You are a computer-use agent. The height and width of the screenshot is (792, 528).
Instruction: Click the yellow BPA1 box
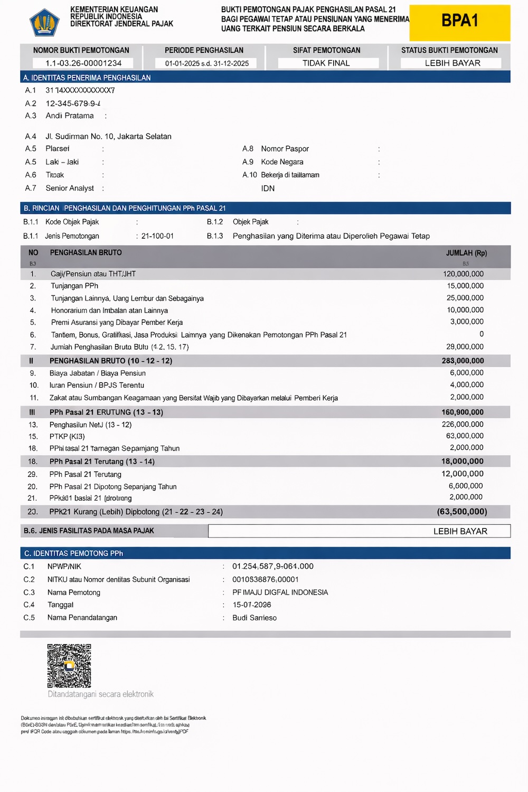coord(459,22)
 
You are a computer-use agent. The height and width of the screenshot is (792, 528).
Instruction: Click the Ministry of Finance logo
coord(44,22)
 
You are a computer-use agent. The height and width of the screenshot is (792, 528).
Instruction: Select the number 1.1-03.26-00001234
coord(83,63)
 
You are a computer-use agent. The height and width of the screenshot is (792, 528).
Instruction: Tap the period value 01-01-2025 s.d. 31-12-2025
coord(206,63)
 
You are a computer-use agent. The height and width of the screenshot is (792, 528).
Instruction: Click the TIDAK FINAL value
coord(326,63)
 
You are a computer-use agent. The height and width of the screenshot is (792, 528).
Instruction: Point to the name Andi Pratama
coord(70,116)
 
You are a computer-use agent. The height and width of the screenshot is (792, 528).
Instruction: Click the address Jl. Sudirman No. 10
coord(108,136)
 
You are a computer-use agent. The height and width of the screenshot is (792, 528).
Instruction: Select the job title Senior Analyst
coord(70,188)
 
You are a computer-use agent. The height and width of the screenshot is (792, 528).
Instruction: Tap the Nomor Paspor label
coord(285,149)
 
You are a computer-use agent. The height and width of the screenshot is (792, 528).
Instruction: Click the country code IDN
coord(268,188)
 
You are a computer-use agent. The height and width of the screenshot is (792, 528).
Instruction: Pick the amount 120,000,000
coord(463,274)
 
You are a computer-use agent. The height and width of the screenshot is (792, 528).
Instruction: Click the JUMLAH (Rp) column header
coord(466,253)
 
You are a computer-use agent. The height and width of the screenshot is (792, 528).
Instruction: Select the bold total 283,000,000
coord(463,361)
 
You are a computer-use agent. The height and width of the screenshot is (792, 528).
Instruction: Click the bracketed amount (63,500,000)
coord(462,512)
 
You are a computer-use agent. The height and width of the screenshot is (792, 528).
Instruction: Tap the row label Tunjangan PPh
coord(74,286)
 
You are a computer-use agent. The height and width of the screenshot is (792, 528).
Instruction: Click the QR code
coord(69,665)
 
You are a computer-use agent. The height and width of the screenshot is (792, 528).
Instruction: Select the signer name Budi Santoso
coord(254,618)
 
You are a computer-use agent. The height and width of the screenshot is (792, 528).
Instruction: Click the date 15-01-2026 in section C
coord(252,605)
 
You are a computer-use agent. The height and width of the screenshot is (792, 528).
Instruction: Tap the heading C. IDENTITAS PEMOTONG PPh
coord(73,553)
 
